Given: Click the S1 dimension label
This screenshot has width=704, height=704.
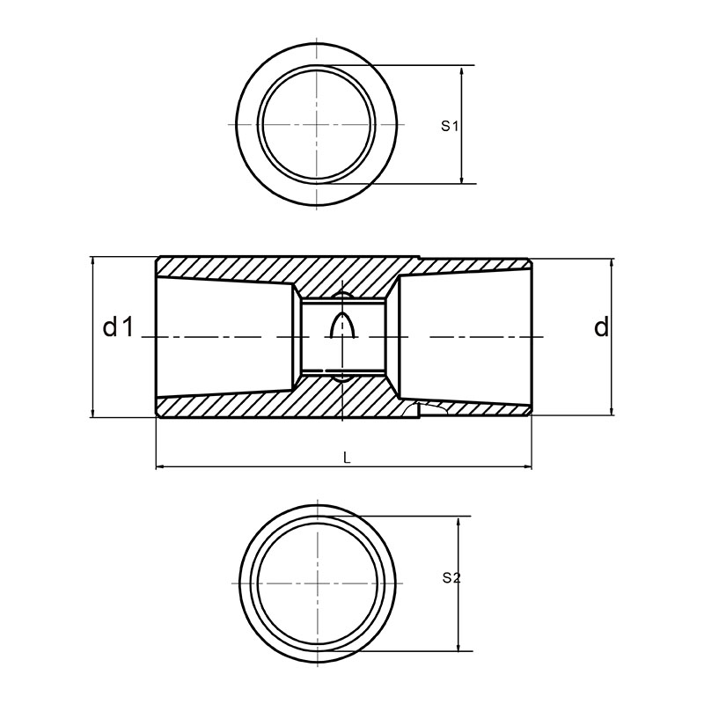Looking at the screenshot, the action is pos(449,126).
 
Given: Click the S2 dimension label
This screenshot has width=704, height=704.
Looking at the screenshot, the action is pos(451,578).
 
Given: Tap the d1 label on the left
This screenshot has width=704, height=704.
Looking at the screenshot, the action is pos(119,326).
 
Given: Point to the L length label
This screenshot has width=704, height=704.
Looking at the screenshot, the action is pos(346,458).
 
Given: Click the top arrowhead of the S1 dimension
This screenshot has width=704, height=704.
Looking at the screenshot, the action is pos(461,71).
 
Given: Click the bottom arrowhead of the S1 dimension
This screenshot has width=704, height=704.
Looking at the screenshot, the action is pos(461,178).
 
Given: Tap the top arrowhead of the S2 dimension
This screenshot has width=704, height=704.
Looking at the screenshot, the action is pos(458,523).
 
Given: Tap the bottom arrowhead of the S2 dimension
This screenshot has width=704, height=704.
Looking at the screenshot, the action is pos(458,645).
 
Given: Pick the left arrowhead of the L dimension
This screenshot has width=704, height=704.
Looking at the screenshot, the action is pos(162,467).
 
